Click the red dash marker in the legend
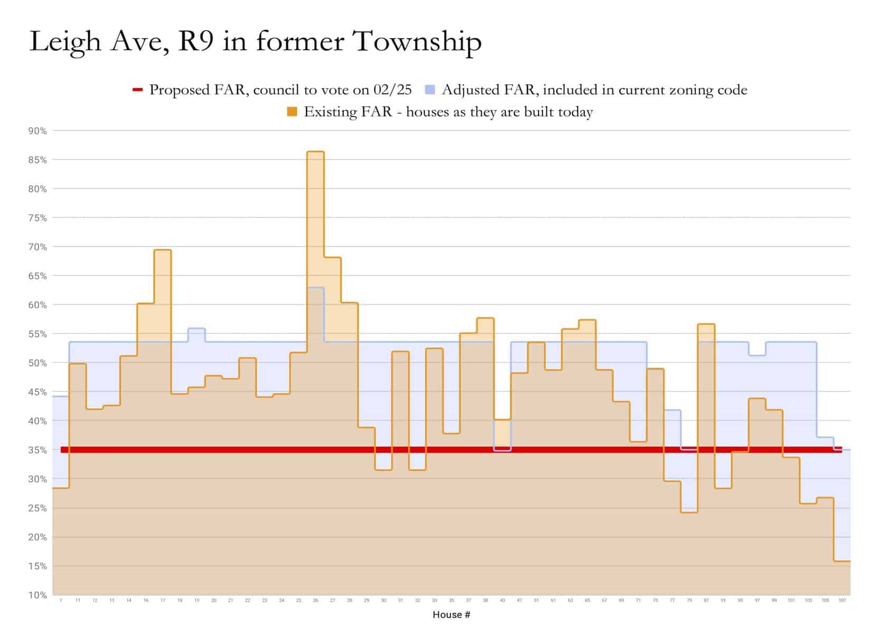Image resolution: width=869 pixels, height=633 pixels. coord(137,90)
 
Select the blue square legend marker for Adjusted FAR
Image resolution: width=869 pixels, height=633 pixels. coord(430,90)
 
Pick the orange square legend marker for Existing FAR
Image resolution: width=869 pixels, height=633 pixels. coord(292,112)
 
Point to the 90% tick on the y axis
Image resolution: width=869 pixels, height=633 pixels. coord(37,131)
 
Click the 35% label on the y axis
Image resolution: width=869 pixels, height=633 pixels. coord(37,450)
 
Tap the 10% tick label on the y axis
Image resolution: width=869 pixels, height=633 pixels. coord(37,595)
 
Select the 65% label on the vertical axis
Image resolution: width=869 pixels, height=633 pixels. coord(37,276)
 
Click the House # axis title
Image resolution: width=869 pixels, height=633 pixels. coord(451,615)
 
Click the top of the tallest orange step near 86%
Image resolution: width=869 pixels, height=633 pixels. coord(316,152)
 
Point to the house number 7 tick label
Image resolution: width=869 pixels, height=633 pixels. coord(61,601)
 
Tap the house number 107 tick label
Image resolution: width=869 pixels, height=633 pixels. coord(842,601)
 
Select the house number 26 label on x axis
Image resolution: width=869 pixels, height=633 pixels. coord(316,601)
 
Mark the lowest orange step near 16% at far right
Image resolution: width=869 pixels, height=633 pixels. coord(842,561)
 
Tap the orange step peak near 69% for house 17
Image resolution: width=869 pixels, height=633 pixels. coord(163,250)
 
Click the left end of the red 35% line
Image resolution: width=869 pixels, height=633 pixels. coord(63,450)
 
